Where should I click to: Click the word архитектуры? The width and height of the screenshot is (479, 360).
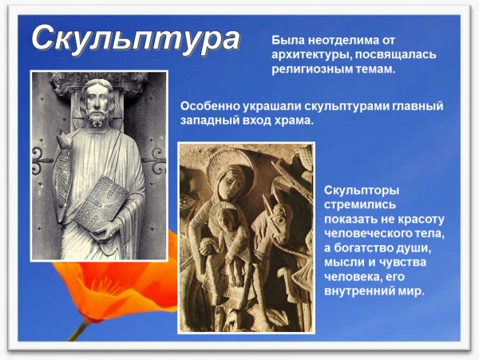309,54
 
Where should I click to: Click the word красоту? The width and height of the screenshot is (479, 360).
419,219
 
